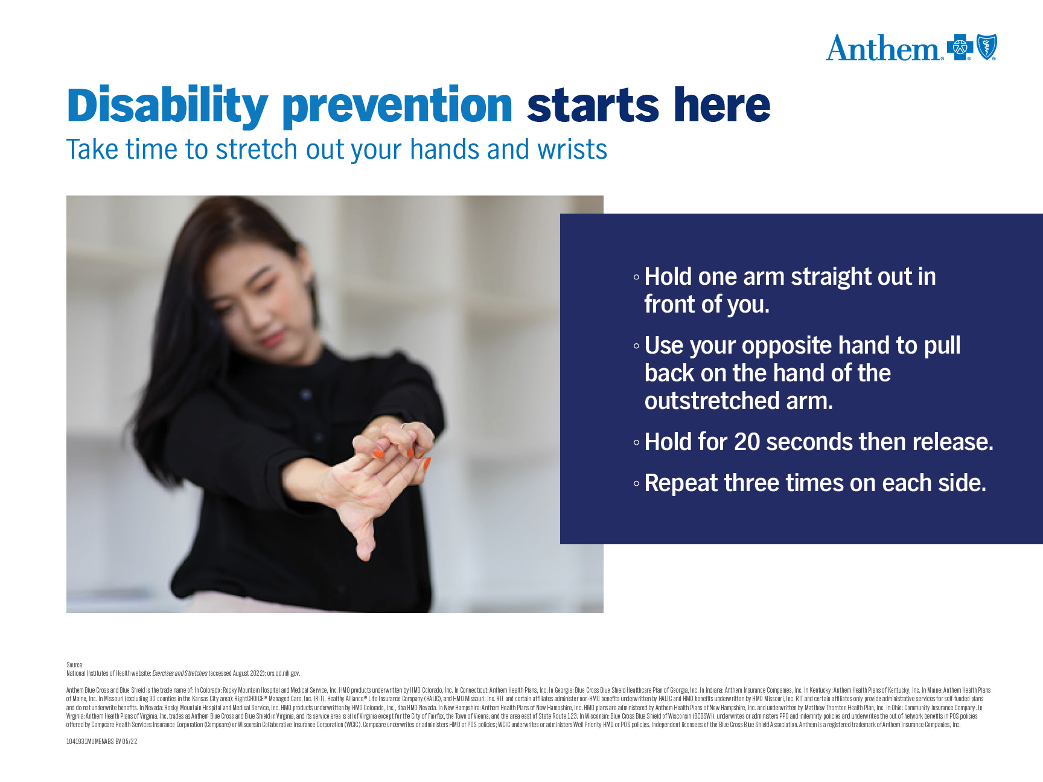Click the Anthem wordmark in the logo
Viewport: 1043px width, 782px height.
coord(883,48)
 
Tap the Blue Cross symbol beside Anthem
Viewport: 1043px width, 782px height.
coord(960,47)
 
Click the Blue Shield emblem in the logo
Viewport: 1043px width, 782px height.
coord(987,47)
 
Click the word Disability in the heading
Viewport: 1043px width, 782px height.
coord(167,106)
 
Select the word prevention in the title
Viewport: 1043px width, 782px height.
coord(397,106)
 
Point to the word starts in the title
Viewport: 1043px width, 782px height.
coord(592,106)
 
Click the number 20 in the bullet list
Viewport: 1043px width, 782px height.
coord(747,442)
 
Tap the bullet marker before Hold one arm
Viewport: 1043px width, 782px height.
coord(636,278)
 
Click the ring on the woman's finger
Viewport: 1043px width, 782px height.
coord(403,426)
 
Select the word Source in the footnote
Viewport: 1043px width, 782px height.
coord(75,665)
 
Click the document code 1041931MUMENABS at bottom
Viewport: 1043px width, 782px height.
coord(90,742)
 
